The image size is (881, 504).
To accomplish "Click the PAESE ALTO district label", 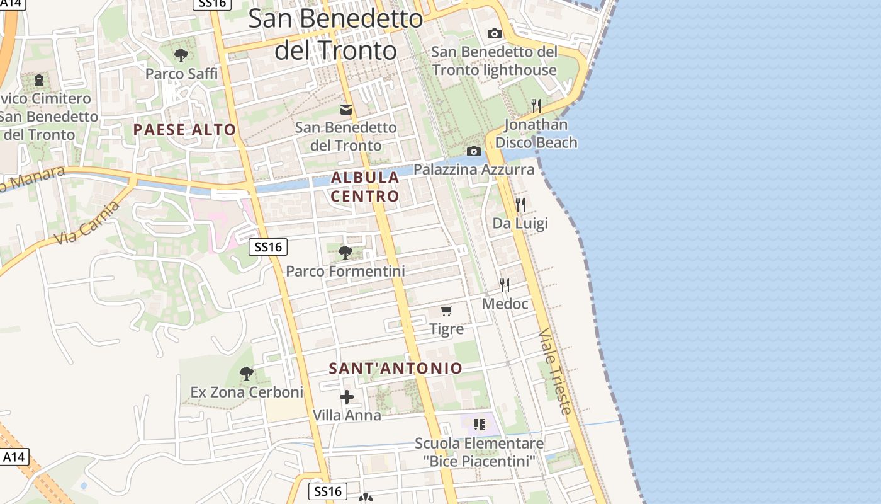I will click(x=184, y=130).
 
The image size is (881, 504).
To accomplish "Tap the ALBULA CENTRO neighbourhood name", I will click(x=365, y=186).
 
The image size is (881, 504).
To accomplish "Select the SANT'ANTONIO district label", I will click(x=395, y=369).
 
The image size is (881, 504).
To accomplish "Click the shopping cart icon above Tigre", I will click(x=447, y=311).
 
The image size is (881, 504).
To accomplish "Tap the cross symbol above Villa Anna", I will click(x=347, y=397).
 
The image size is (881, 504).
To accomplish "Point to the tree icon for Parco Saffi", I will click(x=181, y=55).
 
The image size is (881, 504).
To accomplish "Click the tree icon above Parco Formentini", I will click(x=345, y=253).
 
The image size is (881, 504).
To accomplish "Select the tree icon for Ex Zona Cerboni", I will click(x=247, y=374).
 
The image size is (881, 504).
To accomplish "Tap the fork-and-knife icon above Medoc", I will click(x=505, y=285).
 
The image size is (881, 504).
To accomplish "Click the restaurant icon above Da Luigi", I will click(x=520, y=205).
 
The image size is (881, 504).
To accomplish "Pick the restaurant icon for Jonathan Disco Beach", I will click(x=536, y=105).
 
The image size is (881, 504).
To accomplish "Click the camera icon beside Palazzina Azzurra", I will click(x=474, y=151).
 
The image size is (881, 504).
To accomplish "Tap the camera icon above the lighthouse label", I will click(x=495, y=33).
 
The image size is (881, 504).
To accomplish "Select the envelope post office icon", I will click(x=346, y=110).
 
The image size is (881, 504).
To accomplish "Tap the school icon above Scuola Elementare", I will click(x=480, y=424).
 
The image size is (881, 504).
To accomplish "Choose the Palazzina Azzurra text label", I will click(x=474, y=169).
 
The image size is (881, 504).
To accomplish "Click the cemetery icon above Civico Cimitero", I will click(x=39, y=80).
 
